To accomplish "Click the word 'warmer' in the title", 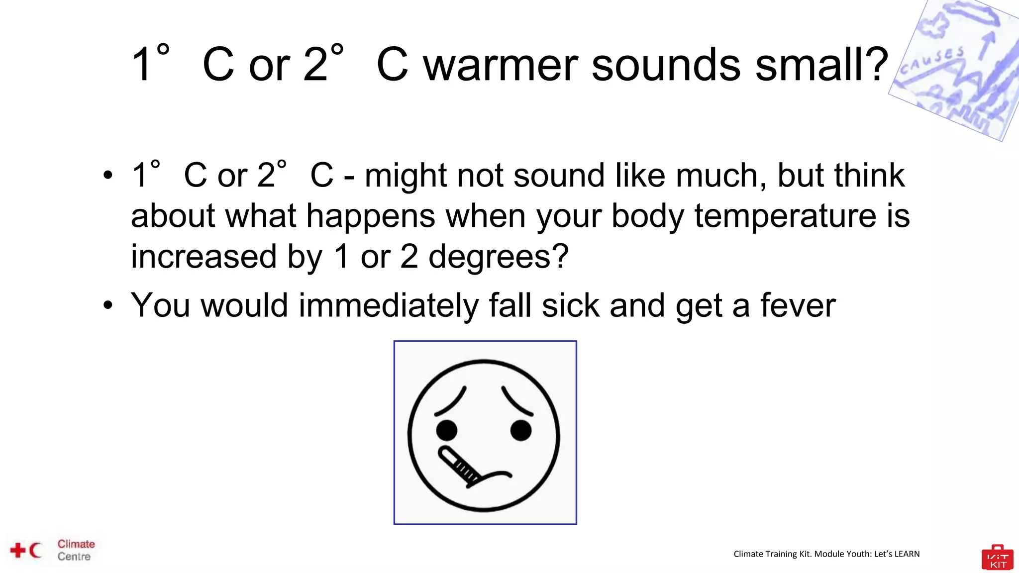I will tap(500, 65).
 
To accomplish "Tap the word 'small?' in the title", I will tap(821, 65).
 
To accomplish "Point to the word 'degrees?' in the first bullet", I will tap(498, 257).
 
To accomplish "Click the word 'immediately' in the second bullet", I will tap(388, 305).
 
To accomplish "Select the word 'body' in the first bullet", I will tap(647, 217).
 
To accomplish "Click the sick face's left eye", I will tap(446, 430).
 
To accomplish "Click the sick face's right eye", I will tap(521, 430).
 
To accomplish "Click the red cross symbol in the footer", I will tap(18, 550).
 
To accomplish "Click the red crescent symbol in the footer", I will tap(35, 550).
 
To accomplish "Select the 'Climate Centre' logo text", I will tap(75, 550).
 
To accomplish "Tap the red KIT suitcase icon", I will tap(997, 558).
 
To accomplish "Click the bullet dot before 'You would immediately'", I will tap(108, 305).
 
